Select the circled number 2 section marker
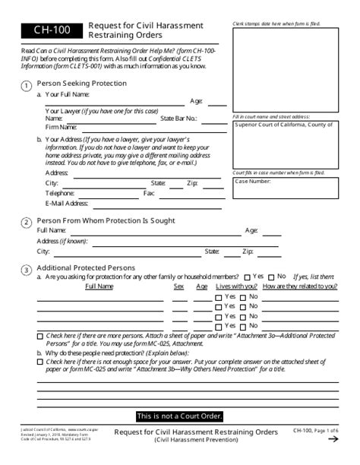point(27,222)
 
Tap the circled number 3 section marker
point(27,269)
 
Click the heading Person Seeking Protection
point(82,83)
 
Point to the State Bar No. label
point(179,119)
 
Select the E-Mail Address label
point(67,203)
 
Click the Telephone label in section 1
point(60,193)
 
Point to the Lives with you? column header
point(236,286)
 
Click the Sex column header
point(179,286)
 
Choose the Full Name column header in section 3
point(99,286)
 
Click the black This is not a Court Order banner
point(179,416)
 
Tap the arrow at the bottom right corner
point(333,439)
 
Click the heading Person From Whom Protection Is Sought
point(106,220)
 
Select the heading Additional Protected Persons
point(86,267)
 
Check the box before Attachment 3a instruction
point(40,336)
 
